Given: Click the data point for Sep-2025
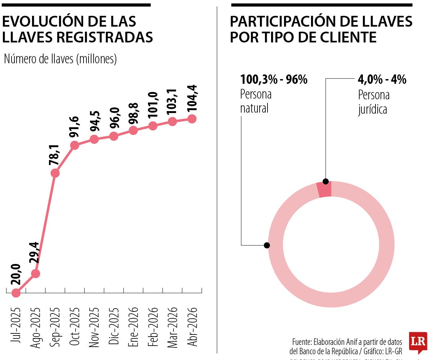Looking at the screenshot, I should tap(55, 173).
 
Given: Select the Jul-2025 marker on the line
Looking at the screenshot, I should tap(16, 293).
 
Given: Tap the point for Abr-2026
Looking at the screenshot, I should tap(192, 119).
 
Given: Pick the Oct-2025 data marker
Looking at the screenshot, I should tap(75, 145).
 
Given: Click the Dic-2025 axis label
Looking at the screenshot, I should tap(114, 326).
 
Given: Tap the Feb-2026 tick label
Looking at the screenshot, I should tap(153, 326).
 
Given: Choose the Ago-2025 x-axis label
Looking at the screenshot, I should tap(36, 328).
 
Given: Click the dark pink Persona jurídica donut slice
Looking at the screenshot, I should tap(324, 190).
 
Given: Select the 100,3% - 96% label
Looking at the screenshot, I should tap(274, 79).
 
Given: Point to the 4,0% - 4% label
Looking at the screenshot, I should tap(382, 79).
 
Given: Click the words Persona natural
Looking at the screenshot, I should tap(256, 101).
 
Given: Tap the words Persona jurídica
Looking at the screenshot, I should tap(374, 102).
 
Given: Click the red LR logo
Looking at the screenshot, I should tap(418, 341).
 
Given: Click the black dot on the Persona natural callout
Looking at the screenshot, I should tap(267, 245).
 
